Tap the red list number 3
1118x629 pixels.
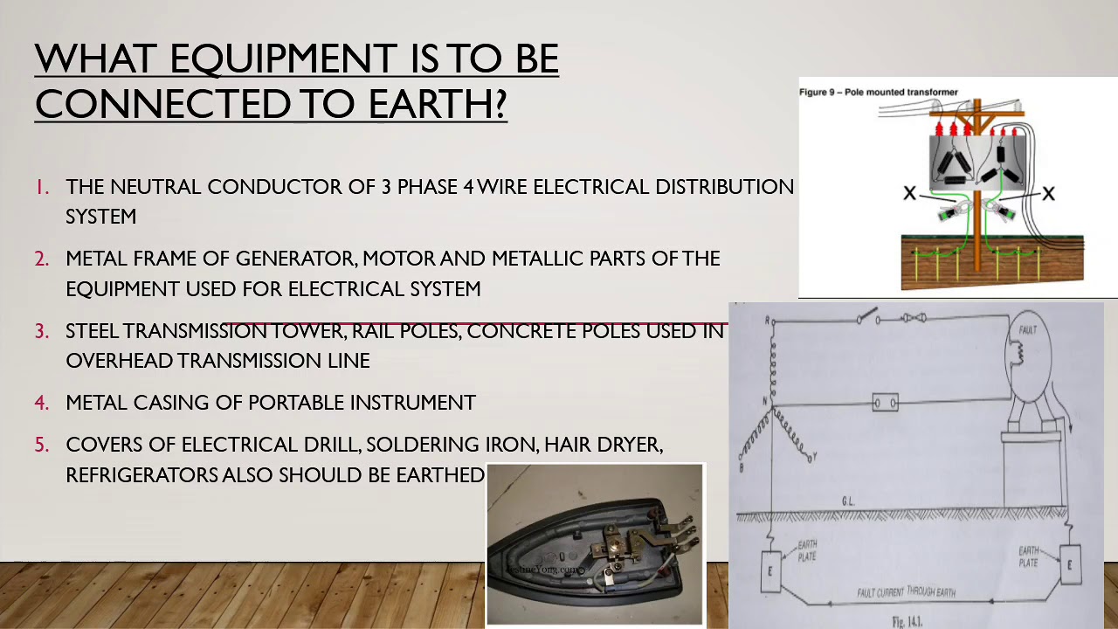(42, 331)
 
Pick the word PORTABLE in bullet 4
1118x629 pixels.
(295, 403)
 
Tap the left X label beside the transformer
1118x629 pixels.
(909, 193)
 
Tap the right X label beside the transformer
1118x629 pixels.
(1048, 193)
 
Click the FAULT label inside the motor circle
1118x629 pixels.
(1028, 330)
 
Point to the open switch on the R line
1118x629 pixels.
(867, 316)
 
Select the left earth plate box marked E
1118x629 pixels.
(769, 571)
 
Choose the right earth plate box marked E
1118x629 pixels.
(1070, 564)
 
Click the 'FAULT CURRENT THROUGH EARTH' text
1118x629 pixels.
(905, 592)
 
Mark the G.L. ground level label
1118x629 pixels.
(848, 501)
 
